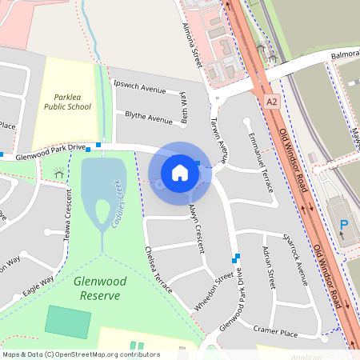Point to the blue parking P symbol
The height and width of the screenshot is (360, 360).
click(x=344, y=226)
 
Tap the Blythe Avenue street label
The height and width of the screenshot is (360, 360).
click(x=149, y=117)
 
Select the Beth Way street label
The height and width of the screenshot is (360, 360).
click(x=185, y=104)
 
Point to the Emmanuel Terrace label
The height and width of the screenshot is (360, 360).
click(x=261, y=164)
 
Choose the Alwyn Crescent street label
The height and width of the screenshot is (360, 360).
click(x=195, y=226)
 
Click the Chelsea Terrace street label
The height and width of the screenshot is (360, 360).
click(x=158, y=271)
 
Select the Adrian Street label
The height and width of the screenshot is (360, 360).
click(x=269, y=267)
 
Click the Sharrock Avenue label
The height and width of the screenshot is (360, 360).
click(x=295, y=260)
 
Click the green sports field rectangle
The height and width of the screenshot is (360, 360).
click(x=68, y=320)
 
